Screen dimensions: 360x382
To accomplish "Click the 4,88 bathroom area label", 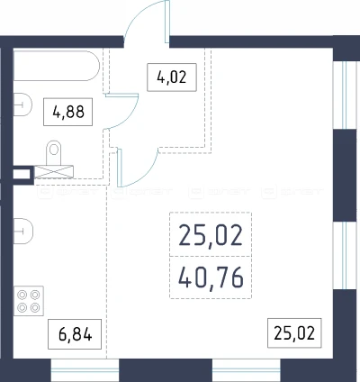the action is coord(68,112).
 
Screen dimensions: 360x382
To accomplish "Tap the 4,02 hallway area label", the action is coord(172,77).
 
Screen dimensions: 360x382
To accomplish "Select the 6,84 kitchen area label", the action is coord(75,334).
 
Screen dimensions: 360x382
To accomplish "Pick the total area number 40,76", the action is coord(211,277).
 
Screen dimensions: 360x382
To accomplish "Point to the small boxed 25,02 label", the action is coord(294,333).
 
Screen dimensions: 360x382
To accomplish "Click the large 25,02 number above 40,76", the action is coord(211,235).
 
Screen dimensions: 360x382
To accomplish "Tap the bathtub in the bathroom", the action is coord(57,66).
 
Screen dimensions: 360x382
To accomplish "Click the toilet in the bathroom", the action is coord(54,153).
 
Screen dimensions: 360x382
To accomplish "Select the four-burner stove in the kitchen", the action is coord(29,301).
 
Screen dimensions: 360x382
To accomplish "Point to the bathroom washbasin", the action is coord(22,105).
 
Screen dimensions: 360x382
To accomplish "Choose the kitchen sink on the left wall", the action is coord(23,231).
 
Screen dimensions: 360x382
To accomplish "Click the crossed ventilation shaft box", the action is coord(54,171).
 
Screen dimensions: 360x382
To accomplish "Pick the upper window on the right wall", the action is coord(345,95).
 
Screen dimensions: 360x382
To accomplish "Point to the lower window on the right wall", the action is coord(345,256).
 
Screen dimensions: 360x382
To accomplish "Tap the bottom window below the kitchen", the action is coord(85,370).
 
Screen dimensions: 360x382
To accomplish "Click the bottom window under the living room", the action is coord(247,370).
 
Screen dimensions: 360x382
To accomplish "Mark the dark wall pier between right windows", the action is coord(345,176).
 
